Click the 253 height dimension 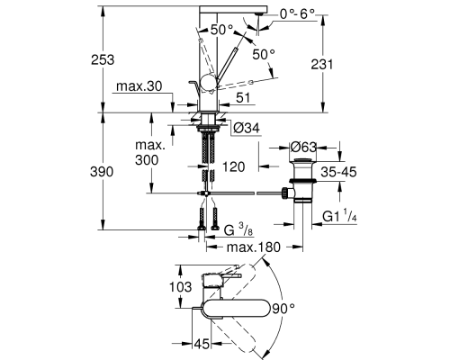103,59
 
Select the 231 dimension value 322,64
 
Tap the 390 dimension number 102,172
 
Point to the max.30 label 139,86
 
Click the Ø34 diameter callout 246,128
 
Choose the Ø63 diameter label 303,147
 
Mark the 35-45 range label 338,172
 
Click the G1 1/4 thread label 339,216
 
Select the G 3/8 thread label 238,230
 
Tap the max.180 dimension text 254,247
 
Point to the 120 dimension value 233,166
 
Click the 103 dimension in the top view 180,287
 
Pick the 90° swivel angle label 283,309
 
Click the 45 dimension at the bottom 202,344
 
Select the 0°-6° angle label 297,13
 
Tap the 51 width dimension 243,98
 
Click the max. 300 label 147,153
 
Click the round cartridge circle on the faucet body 208,83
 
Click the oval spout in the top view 236,308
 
